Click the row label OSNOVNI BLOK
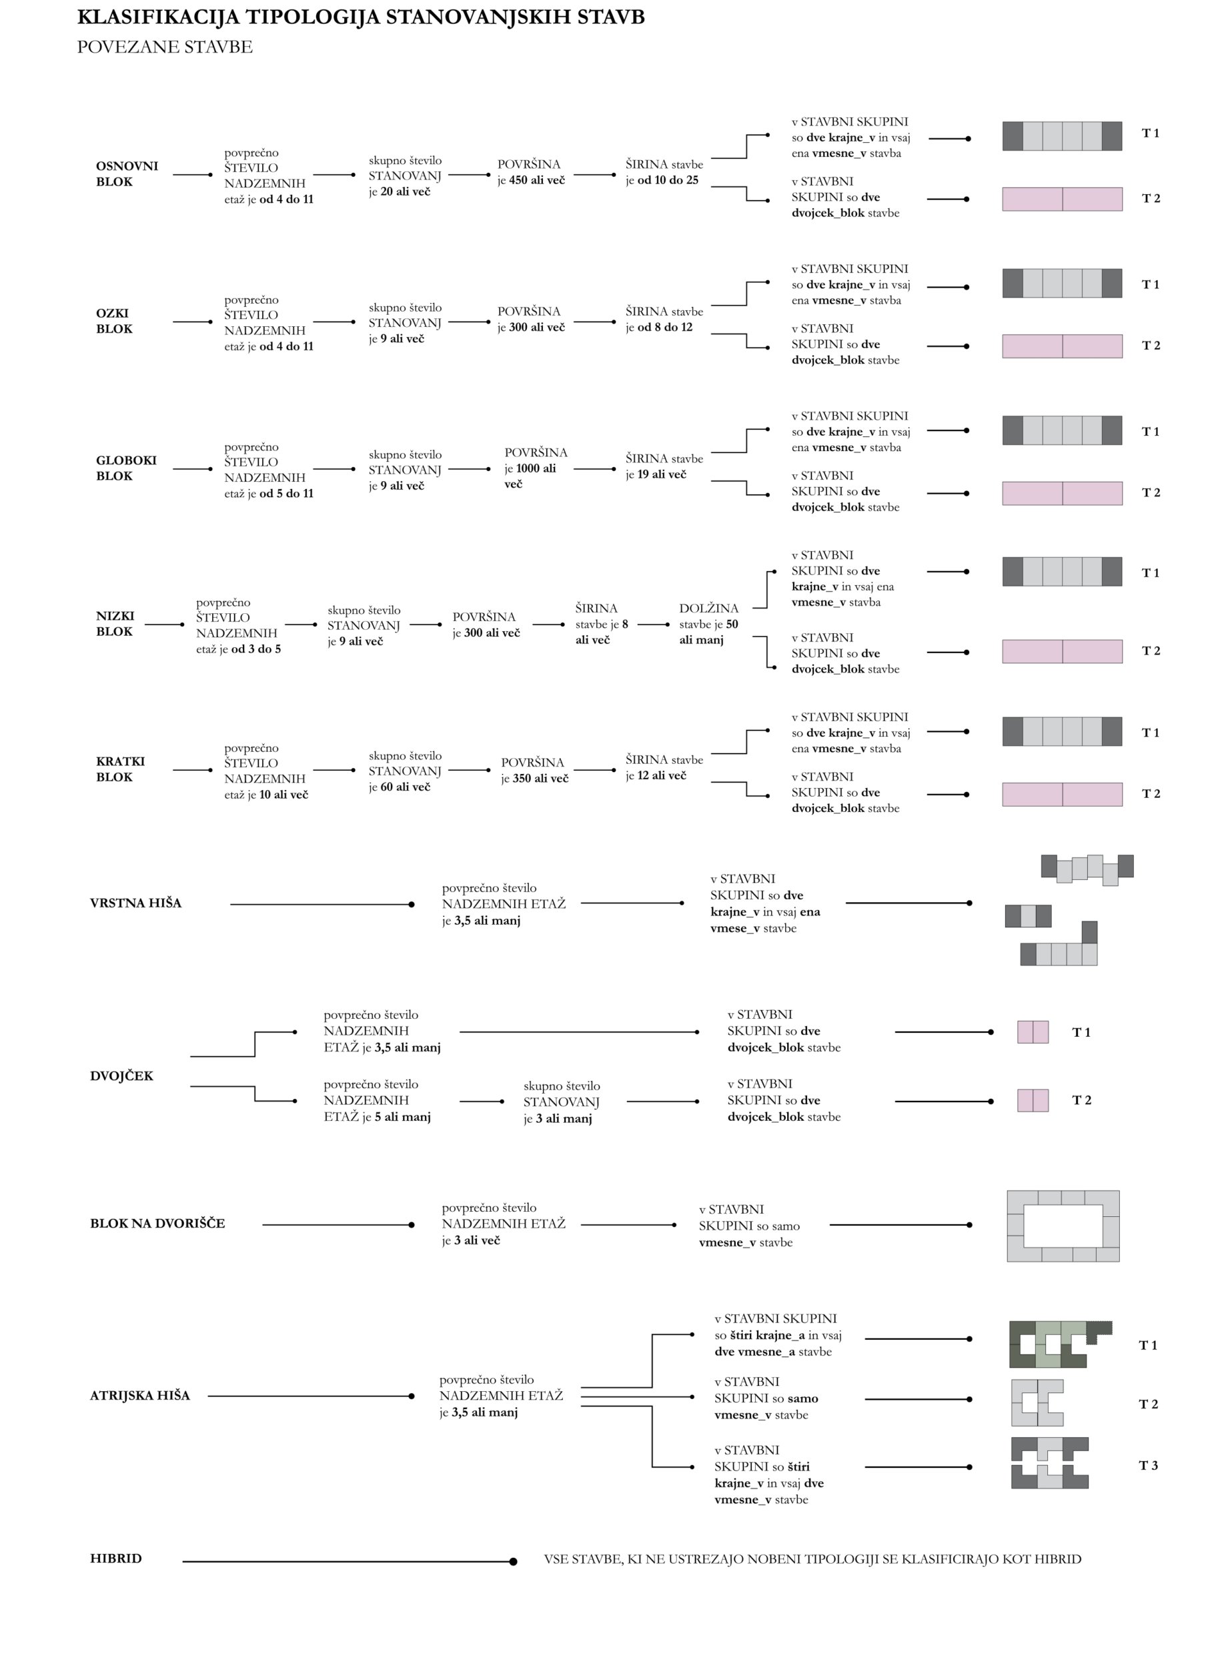(x=127, y=173)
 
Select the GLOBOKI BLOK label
(x=126, y=468)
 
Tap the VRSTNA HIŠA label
(x=135, y=903)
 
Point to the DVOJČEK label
(x=121, y=1076)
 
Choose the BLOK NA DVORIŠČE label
(x=157, y=1223)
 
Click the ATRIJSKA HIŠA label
(x=139, y=1395)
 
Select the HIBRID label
(x=115, y=1559)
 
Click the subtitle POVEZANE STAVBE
(x=165, y=47)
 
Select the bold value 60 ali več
(x=405, y=787)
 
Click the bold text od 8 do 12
(x=665, y=328)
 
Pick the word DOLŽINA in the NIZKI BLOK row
(x=709, y=609)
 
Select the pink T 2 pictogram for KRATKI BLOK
(x=1062, y=794)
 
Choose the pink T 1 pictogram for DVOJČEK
(x=1033, y=1032)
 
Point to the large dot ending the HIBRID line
(x=513, y=1561)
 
